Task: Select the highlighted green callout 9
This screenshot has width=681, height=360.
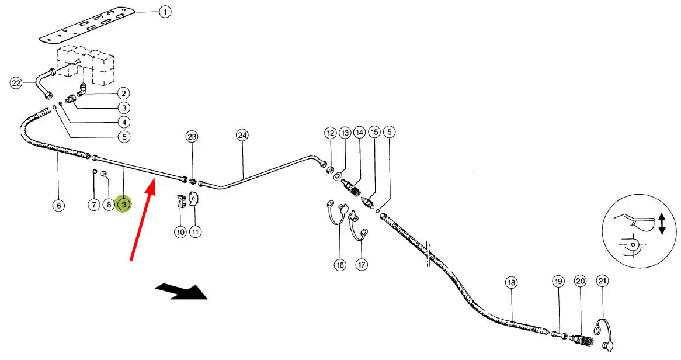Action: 124,205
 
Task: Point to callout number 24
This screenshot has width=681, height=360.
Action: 242,135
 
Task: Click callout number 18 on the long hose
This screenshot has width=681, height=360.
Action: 512,283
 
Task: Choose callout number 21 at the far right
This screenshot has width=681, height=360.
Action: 602,282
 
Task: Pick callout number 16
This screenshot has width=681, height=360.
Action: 340,265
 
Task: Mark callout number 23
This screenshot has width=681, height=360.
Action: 192,137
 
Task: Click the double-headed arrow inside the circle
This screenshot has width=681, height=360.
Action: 661,224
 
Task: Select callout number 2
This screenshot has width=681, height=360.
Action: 123,93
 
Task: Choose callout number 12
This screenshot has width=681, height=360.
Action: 331,133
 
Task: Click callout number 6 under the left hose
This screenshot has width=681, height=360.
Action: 58,205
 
